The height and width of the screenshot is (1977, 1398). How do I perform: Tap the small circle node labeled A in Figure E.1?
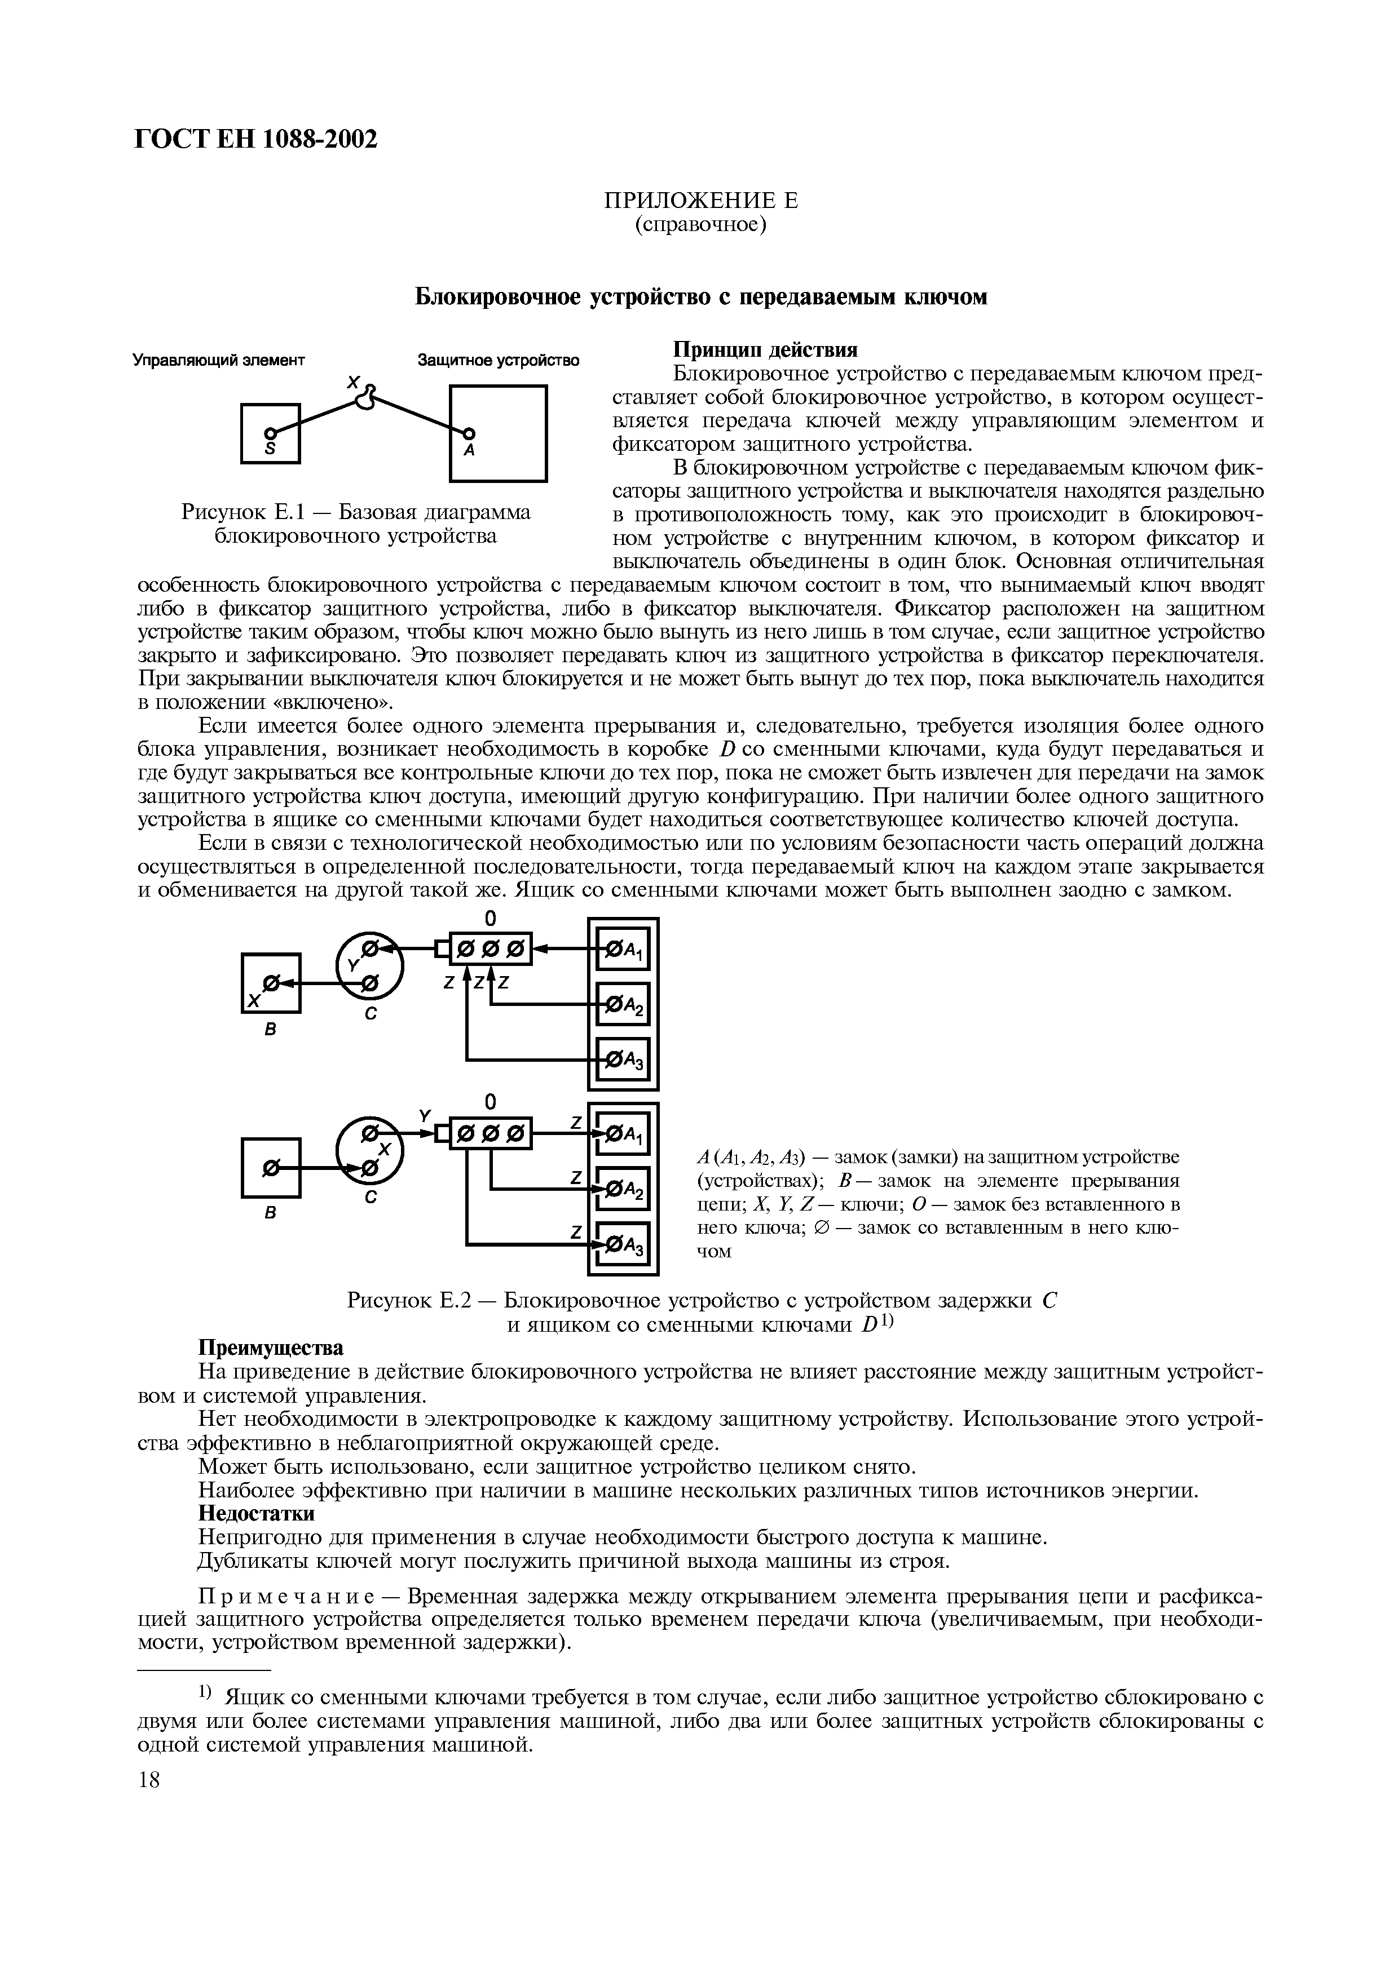pyautogui.click(x=469, y=433)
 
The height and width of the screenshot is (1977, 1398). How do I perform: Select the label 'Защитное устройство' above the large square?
pyautogui.click(x=498, y=360)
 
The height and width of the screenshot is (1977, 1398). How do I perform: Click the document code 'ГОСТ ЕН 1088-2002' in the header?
pyautogui.click(x=257, y=139)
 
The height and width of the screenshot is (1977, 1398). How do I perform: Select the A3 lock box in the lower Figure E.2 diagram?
pyautogui.click(x=623, y=1245)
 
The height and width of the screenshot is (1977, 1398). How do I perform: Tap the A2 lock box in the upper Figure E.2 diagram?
pyautogui.click(x=623, y=1005)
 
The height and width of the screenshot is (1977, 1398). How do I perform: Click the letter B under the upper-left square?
pyautogui.click(x=270, y=1030)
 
